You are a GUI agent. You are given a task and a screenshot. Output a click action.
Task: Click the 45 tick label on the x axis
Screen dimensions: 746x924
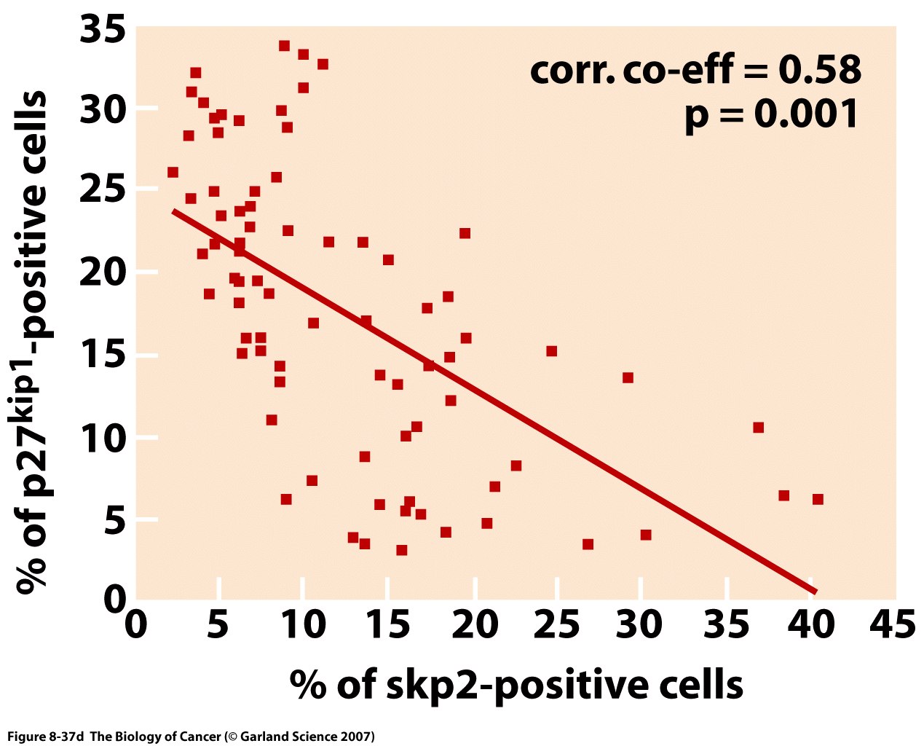893,625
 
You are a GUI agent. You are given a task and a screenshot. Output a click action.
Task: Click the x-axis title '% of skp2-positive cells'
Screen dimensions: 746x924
516,685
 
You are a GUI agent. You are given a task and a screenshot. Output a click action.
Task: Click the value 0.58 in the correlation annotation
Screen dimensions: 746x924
819,71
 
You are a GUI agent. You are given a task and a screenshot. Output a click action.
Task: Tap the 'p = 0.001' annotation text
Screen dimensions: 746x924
772,114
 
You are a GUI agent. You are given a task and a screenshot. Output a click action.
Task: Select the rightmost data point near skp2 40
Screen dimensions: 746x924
818,499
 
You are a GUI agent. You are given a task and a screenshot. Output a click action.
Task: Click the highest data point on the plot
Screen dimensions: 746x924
284,46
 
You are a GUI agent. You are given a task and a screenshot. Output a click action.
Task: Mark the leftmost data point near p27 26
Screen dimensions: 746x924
173,173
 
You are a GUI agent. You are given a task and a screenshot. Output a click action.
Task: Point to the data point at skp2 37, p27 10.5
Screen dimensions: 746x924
758,427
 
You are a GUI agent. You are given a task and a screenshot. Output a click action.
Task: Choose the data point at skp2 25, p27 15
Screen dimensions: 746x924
551,351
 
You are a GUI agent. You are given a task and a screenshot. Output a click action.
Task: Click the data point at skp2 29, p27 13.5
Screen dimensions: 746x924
628,377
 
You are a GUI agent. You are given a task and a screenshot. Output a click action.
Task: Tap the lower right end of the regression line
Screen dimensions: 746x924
814,591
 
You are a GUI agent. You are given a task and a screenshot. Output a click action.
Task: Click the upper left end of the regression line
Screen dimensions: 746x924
174,211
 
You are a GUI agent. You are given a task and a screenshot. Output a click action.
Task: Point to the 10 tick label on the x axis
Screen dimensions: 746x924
301,625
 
